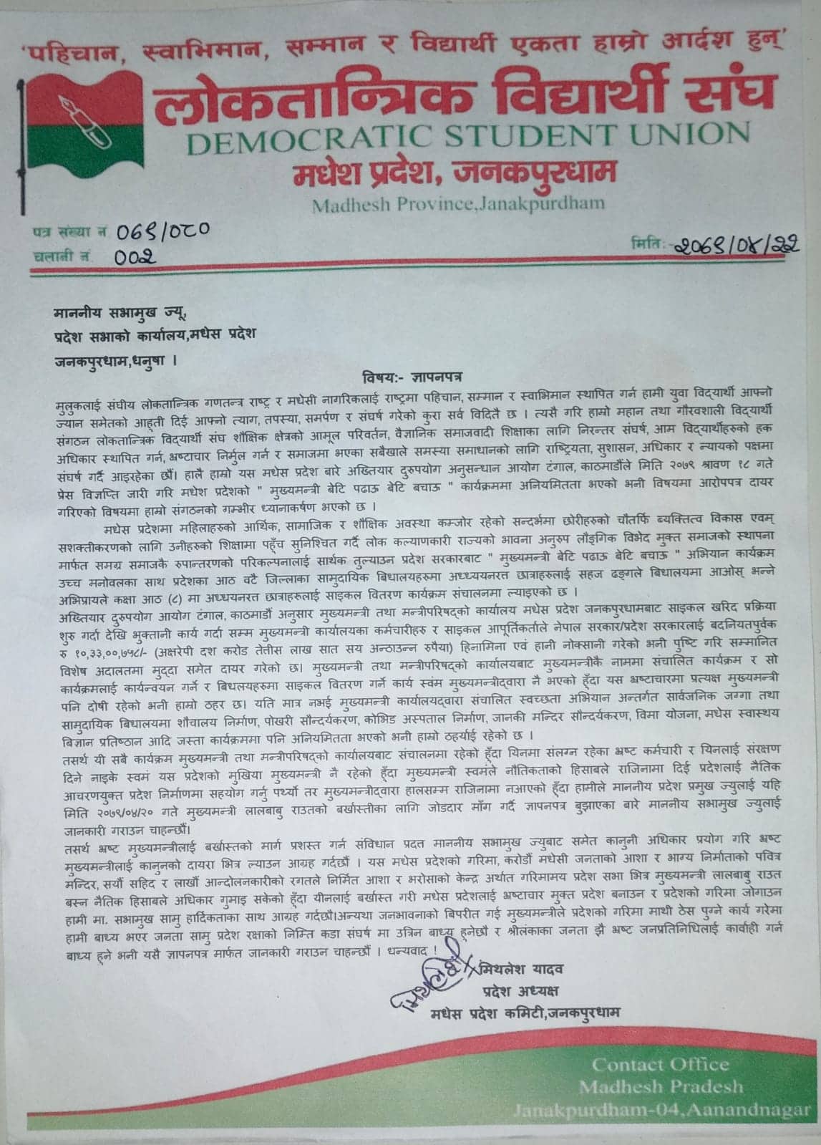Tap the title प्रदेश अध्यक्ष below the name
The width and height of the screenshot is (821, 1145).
point(519,991)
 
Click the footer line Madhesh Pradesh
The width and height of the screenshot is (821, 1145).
point(661,1087)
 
